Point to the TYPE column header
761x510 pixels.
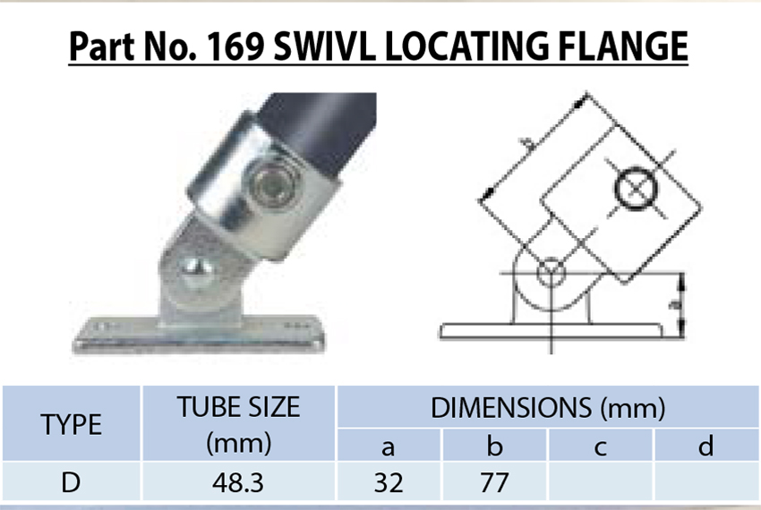point(72,424)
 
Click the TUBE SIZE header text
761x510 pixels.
point(238,408)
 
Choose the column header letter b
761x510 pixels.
point(495,446)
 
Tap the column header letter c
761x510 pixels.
point(601,446)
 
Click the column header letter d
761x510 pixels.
point(706,446)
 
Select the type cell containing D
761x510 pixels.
point(72,483)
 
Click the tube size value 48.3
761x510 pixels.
point(238,483)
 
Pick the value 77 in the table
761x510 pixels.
point(495,483)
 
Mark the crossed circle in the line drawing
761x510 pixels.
point(637,188)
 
